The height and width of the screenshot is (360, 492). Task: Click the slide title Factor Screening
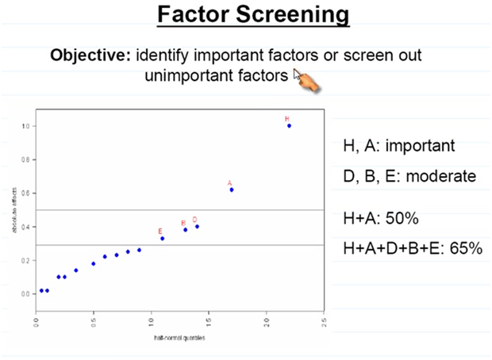pos(252,15)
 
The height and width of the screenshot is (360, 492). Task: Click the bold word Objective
pos(90,56)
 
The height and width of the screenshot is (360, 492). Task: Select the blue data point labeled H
pos(289,125)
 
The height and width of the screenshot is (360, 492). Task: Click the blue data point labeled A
pos(232,190)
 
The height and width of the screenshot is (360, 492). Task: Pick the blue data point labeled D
pos(197,227)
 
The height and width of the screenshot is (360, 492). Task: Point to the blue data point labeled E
pos(162,238)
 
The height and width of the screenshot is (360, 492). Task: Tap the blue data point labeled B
pos(186,229)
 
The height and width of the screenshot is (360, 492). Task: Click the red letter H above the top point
pos(287,119)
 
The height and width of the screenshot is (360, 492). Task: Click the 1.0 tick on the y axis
pos(25,126)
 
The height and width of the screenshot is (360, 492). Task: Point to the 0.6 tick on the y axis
pos(25,193)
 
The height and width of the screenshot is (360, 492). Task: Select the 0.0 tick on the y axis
pos(25,293)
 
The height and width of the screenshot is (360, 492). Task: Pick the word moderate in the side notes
pos(440,176)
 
